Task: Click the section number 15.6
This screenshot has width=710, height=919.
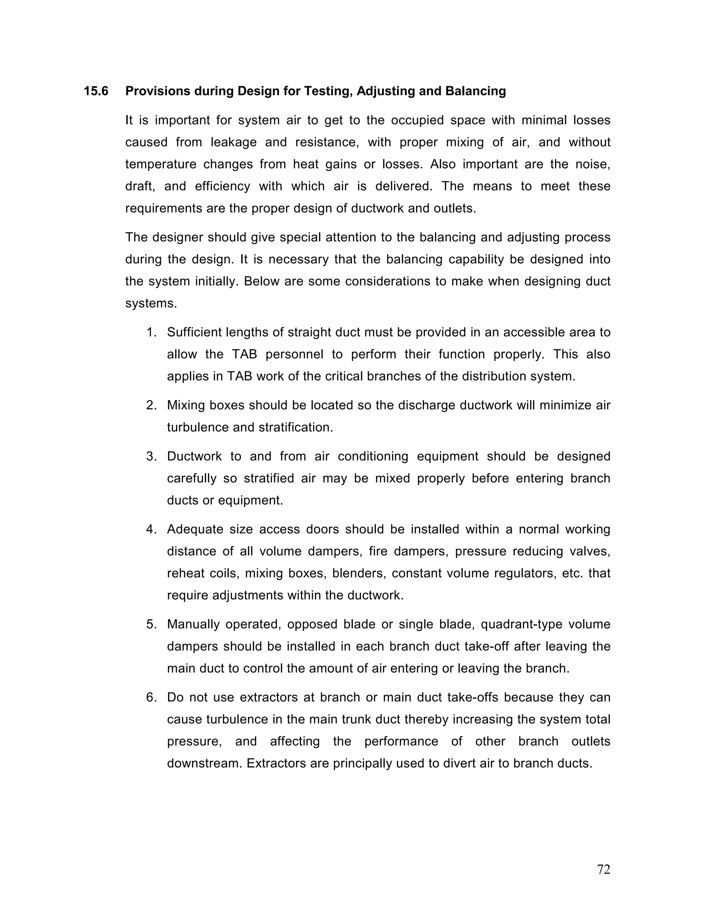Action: click(x=96, y=91)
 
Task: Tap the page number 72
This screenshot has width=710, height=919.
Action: click(x=603, y=869)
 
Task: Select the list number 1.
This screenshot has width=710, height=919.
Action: click(x=151, y=333)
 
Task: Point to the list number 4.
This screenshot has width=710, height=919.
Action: click(x=151, y=529)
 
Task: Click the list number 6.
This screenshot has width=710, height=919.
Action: click(x=151, y=697)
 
